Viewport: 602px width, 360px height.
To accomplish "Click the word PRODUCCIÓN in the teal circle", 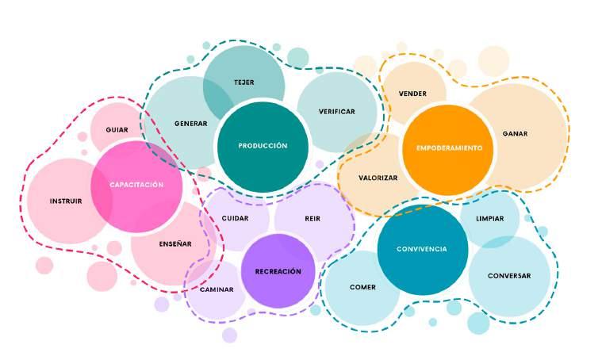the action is point(263,146).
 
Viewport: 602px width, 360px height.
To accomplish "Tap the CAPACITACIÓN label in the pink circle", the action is point(136,185).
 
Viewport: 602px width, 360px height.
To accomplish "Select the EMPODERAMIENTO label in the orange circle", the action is point(449,149).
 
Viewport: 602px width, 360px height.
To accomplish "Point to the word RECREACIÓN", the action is point(278,271).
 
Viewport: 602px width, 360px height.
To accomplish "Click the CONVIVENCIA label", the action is point(423,249).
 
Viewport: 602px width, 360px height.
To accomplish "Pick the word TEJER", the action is point(243,82).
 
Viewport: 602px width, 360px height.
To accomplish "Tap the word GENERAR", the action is point(191,124).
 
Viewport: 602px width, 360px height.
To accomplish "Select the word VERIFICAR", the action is point(336,112).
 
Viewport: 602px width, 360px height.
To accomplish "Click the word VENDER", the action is point(412,94).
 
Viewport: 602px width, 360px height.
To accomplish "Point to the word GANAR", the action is point(515,133).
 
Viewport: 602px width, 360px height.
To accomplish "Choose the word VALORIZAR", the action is point(378,178).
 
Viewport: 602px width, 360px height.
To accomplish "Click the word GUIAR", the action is point(117,129).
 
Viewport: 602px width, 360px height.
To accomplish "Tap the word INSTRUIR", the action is point(66,201).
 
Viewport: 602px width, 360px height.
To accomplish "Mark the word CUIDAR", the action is point(235,217).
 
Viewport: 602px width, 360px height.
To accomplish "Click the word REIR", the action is point(313,217).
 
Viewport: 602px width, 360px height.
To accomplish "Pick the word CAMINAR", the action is point(217,289).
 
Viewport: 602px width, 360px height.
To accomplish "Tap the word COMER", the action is point(362,287).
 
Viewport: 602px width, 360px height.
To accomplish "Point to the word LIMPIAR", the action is point(489,218).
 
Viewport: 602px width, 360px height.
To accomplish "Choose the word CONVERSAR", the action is point(508,276).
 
